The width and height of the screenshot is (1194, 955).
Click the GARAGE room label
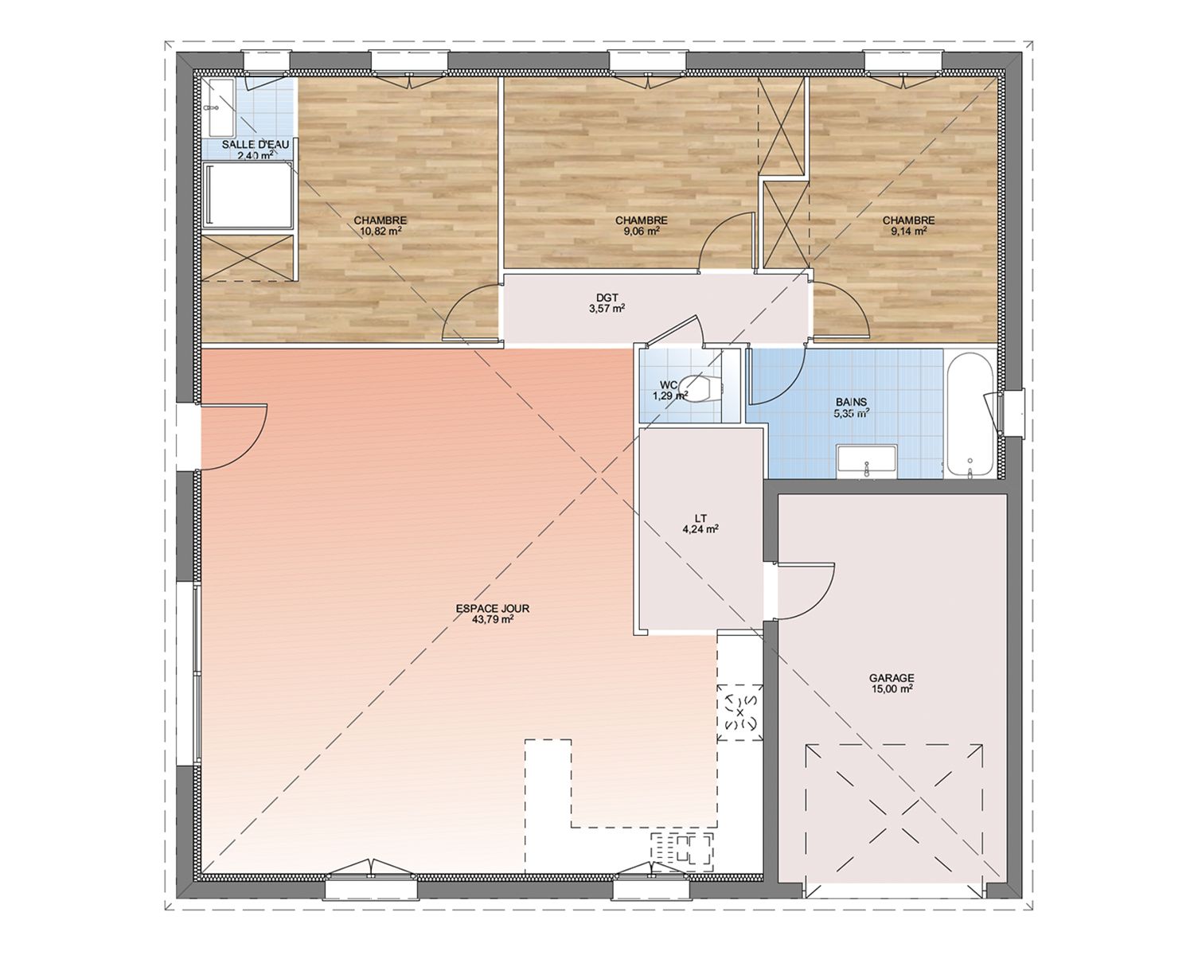[892, 677]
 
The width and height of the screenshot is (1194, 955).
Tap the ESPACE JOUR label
[493, 608]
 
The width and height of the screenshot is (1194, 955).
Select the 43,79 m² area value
[493, 619]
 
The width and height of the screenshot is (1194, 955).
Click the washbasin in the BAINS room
[867, 461]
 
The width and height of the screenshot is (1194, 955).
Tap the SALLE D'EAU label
[256, 144]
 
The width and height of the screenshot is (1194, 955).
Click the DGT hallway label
[607, 298]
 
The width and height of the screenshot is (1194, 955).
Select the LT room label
[700, 518]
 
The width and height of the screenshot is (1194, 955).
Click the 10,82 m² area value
[380, 232]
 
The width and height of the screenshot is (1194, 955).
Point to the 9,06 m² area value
[641, 232]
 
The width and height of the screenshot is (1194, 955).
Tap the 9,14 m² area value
[909, 232]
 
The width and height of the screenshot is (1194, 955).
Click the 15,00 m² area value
[892, 688]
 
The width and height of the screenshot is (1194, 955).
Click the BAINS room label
[852, 402]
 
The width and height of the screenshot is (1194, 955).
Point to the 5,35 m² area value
[851, 413]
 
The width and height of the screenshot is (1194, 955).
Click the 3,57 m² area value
[607, 309]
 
